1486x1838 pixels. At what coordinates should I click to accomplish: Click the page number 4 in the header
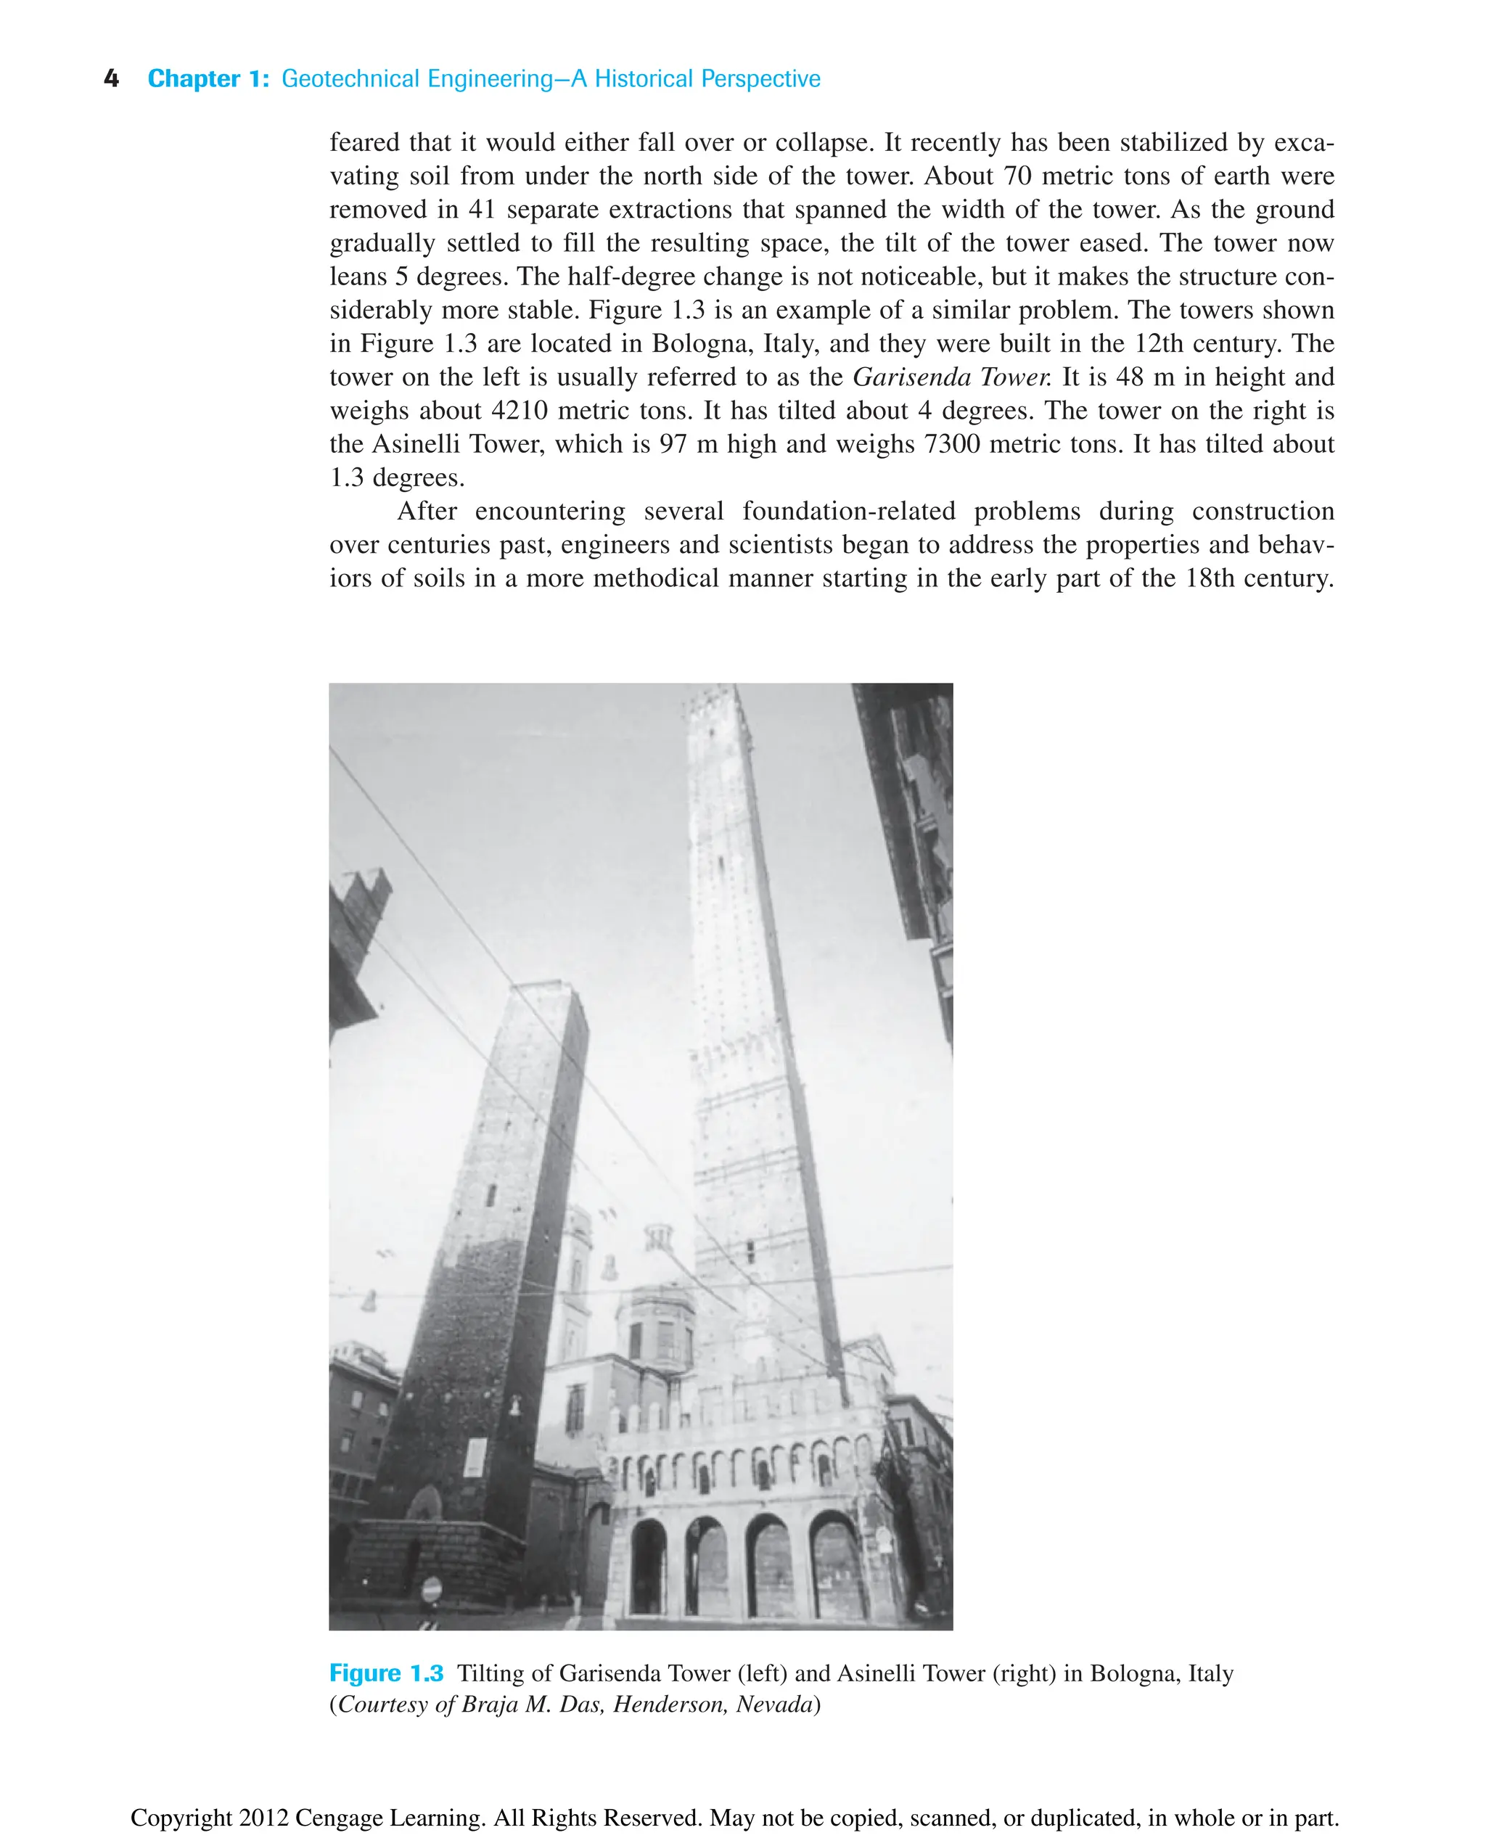coord(111,79)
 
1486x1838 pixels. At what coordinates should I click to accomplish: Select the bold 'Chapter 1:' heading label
coord(208,79)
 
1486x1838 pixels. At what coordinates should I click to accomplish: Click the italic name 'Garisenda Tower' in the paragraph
coord(950,377)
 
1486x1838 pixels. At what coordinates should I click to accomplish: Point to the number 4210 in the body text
coord(520,410)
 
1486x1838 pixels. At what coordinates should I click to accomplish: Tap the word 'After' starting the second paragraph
coord(427,511)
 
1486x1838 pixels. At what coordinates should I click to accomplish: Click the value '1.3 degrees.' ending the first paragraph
coord(397,477)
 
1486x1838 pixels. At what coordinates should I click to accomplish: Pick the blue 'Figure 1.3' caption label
coord(386,1673)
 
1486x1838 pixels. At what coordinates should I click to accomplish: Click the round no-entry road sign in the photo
coord(432,1590)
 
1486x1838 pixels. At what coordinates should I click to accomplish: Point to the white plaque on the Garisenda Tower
coord(475,1456)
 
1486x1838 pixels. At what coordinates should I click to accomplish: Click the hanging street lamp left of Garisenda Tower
coord(369,1301)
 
